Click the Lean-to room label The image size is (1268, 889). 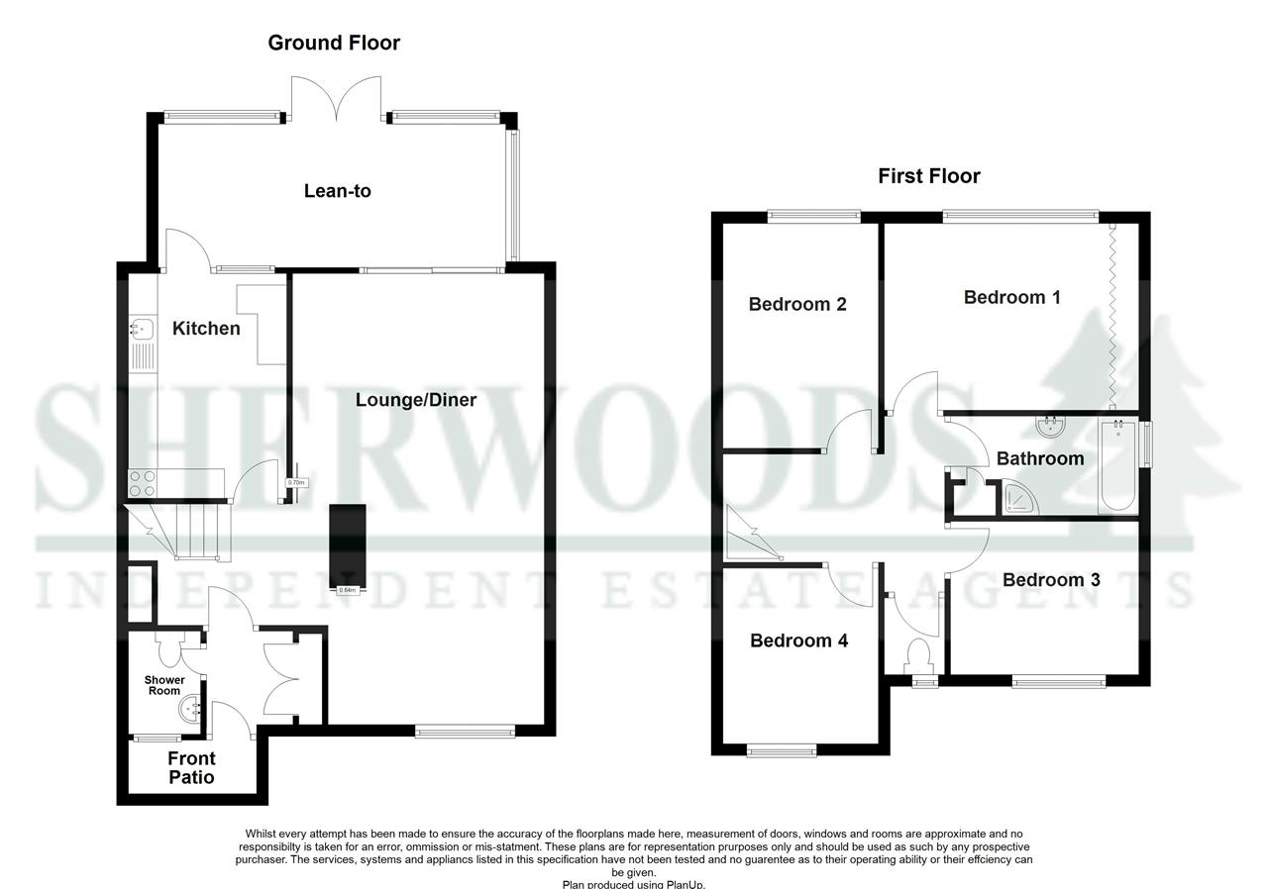[337, 191]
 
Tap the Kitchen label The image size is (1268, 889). [206, 328]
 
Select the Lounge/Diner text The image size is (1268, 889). [416, 400]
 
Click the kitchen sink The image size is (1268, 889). [142, 328]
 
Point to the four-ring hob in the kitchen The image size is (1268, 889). [142, 483]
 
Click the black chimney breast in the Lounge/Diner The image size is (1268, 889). [347, 544]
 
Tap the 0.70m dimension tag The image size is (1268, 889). [296, 483]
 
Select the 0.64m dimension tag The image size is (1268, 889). [347, 590]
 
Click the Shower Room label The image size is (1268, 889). [164, 685]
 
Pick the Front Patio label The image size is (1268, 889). [191, 768]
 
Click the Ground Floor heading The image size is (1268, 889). [334, 43]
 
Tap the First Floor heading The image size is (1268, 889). [928, 176]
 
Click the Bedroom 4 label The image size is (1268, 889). [798, 641]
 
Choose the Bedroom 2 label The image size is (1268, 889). [796, 304]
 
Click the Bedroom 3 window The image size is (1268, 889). [1058, 680]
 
